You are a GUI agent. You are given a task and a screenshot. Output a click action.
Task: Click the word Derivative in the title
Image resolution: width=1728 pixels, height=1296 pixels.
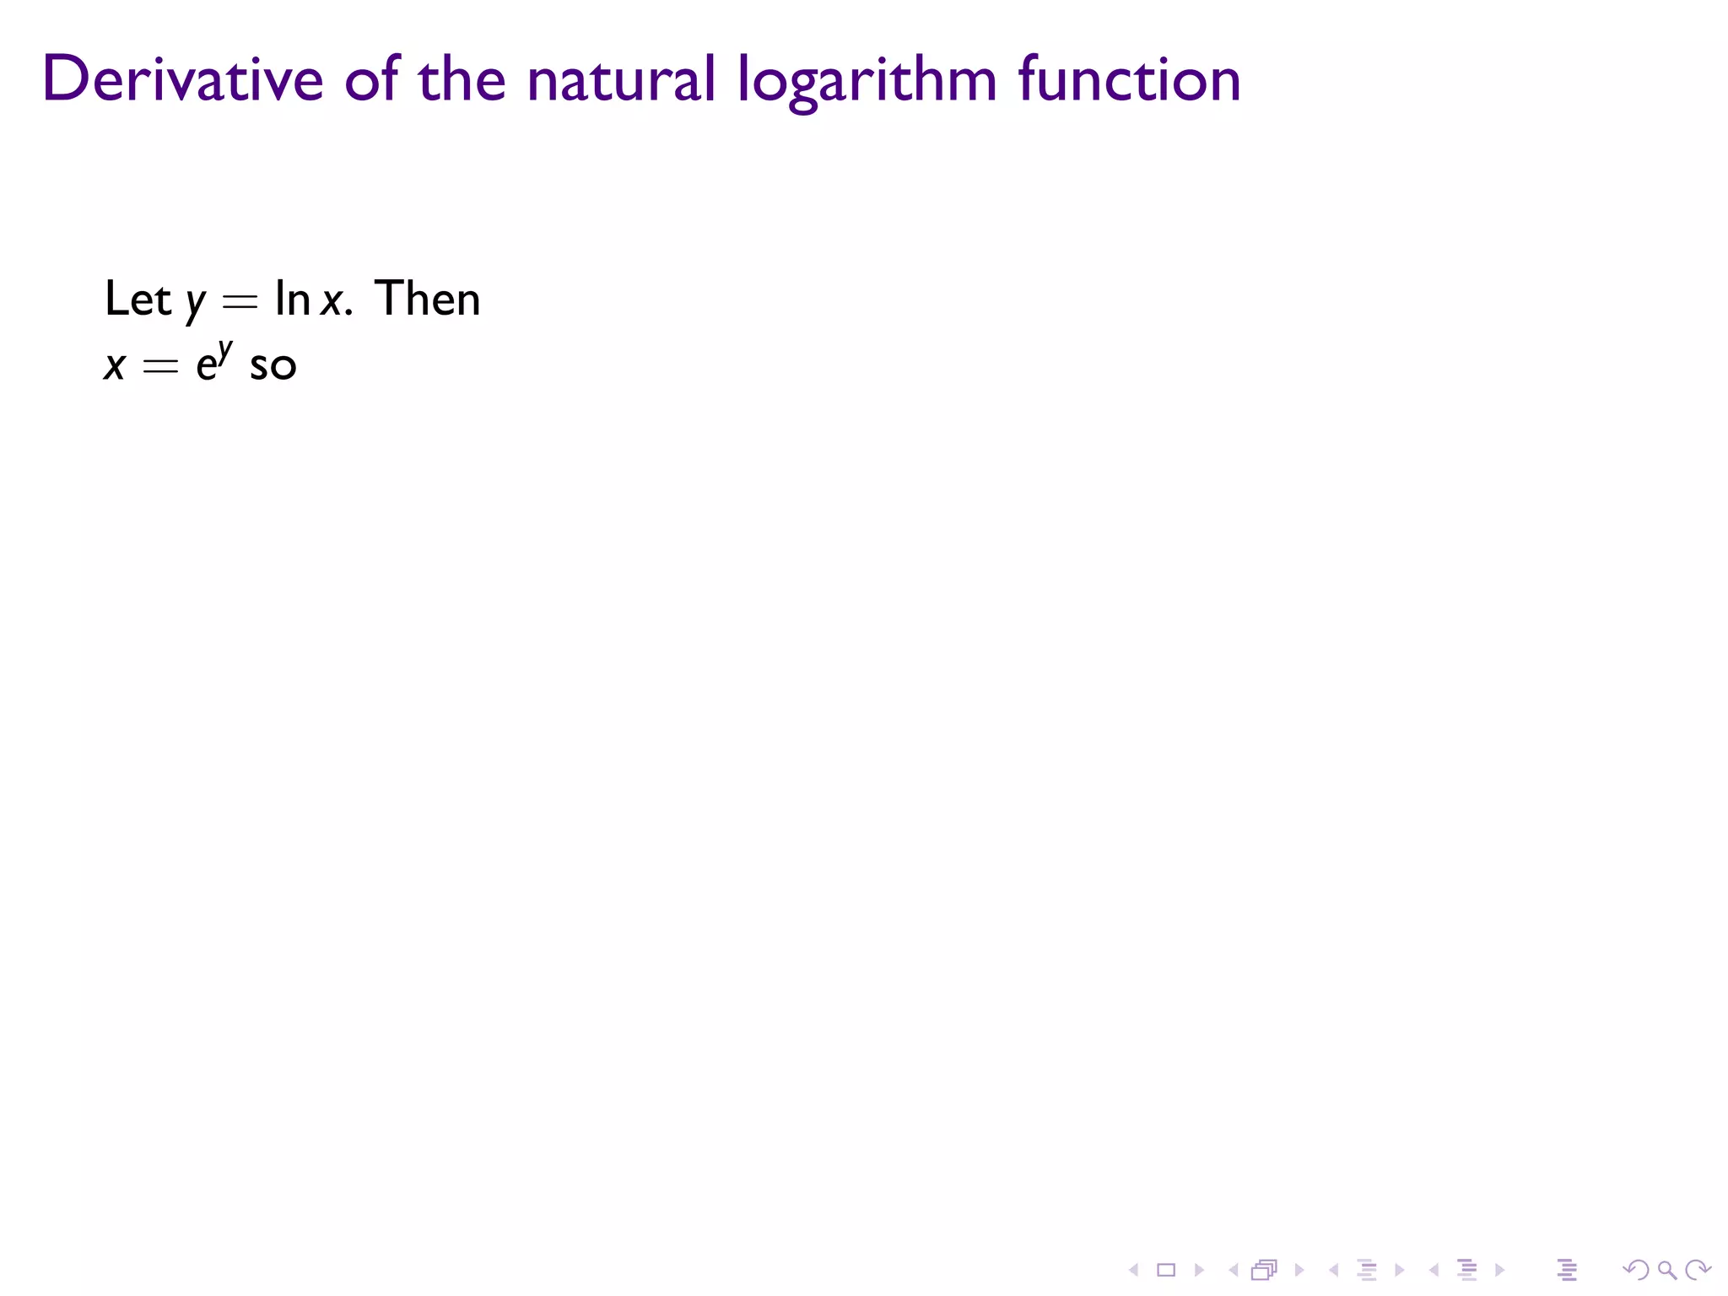(182, 79)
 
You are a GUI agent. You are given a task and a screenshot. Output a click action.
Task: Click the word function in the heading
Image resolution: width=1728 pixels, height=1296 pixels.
(1129, 79)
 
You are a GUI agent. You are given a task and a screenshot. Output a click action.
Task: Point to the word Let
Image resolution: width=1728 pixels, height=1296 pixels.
(138, 299)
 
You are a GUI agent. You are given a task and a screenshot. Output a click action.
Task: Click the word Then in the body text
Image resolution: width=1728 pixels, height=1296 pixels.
(427, 299)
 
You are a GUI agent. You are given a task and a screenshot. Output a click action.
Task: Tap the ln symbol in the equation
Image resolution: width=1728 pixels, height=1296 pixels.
(292, 299)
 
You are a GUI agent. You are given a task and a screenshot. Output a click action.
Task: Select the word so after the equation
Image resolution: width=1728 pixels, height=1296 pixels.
(273, 366)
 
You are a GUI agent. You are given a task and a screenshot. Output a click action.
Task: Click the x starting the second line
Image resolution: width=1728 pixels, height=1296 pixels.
(115, 366)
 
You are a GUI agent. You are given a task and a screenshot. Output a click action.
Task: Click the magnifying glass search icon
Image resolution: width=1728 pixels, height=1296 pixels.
(1666, 1270)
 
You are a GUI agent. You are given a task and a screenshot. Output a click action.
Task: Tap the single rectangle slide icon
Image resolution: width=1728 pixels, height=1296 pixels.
(1166, 1270)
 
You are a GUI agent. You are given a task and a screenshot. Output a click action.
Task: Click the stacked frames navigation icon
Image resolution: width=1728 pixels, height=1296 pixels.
(1264, 1270)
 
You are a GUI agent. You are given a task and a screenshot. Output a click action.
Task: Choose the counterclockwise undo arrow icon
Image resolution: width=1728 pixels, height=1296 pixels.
(1635, 1270)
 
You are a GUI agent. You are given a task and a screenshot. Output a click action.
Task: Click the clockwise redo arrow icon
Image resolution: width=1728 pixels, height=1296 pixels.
(1698, 1270)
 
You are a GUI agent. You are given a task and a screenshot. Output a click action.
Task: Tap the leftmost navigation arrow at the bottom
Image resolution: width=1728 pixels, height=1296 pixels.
(1134, 1270)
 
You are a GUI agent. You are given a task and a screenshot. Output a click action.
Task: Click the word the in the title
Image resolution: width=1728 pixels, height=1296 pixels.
(462, 79)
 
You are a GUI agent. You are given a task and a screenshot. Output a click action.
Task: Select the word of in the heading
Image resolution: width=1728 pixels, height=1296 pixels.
(371, 79)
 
